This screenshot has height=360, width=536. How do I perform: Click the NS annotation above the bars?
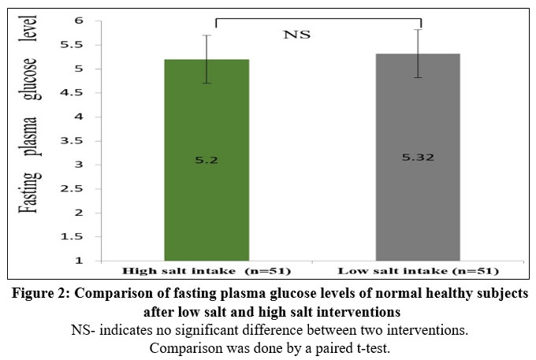click(297, 35)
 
